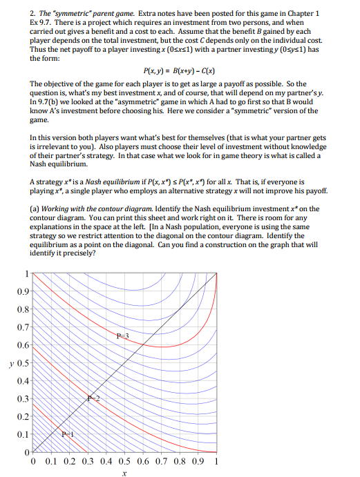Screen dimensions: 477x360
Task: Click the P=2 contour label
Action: (95, 399)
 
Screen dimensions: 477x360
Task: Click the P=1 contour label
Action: (67, 434)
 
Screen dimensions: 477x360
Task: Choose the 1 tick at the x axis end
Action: (218, 461)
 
